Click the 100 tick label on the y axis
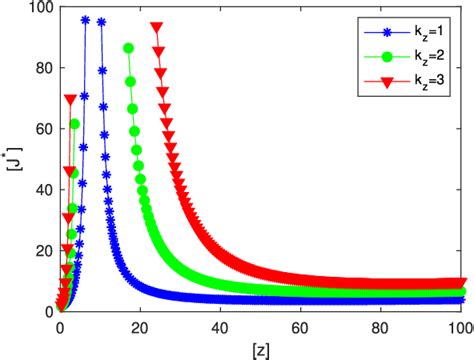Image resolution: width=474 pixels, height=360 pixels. point(40,9)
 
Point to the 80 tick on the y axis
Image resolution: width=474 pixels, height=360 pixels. point(43,69)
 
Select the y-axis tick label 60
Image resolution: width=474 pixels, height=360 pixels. point(43,129)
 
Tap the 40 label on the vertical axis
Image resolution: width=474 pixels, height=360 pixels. point(43,190)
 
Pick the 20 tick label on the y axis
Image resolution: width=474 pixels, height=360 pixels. point(43,250)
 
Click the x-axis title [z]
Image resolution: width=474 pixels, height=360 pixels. point(260,346)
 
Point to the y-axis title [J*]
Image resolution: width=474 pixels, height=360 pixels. point(13,160)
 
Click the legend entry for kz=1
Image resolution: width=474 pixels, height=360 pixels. point(411,29)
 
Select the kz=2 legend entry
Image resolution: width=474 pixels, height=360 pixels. point(411,49)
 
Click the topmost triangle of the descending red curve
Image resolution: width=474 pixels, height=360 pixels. point(156,28)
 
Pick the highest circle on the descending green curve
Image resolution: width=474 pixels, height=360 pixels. point(128,48)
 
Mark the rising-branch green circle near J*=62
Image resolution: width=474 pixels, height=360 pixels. point(75,124)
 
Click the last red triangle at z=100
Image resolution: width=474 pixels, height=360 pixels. point(461,283)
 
